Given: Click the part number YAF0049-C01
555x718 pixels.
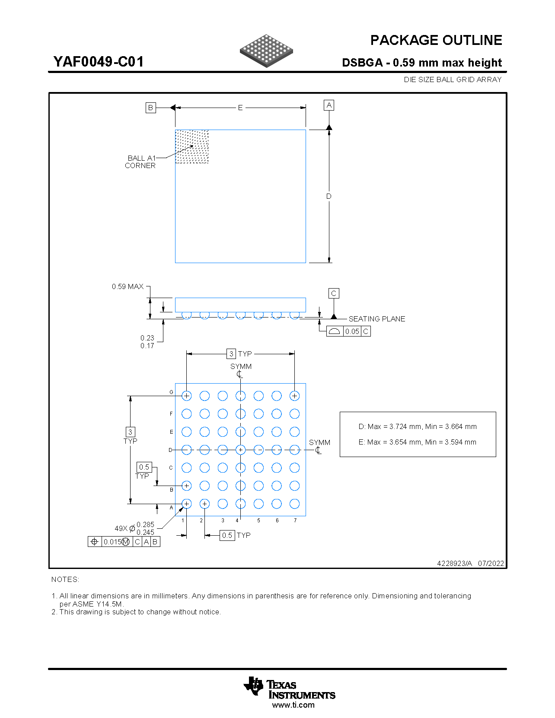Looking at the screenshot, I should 99,62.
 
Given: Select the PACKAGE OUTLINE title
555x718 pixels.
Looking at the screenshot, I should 436,40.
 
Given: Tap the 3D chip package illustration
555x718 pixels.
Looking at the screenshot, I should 266,51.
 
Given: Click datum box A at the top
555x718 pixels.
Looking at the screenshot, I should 329,105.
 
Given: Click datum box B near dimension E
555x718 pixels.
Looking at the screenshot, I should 150,108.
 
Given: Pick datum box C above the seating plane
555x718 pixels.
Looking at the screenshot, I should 333,293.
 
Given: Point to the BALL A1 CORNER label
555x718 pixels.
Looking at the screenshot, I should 140,162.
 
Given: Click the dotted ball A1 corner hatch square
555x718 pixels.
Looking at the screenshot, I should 192,146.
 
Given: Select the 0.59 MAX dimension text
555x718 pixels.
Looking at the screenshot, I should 128,286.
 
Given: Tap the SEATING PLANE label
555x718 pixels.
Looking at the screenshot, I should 377,319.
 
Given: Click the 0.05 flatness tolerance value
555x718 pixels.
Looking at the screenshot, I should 352,331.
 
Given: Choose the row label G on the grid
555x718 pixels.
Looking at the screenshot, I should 171,392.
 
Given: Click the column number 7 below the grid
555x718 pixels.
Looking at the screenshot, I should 295,521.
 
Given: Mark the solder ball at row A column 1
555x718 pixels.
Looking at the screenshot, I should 187,504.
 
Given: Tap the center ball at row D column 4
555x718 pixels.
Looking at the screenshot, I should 241,450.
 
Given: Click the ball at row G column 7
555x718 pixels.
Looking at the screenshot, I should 295,396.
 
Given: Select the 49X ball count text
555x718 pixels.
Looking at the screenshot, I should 121,528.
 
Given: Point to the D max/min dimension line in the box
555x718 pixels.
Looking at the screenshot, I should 418,426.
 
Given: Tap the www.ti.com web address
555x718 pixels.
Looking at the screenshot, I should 293,705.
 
